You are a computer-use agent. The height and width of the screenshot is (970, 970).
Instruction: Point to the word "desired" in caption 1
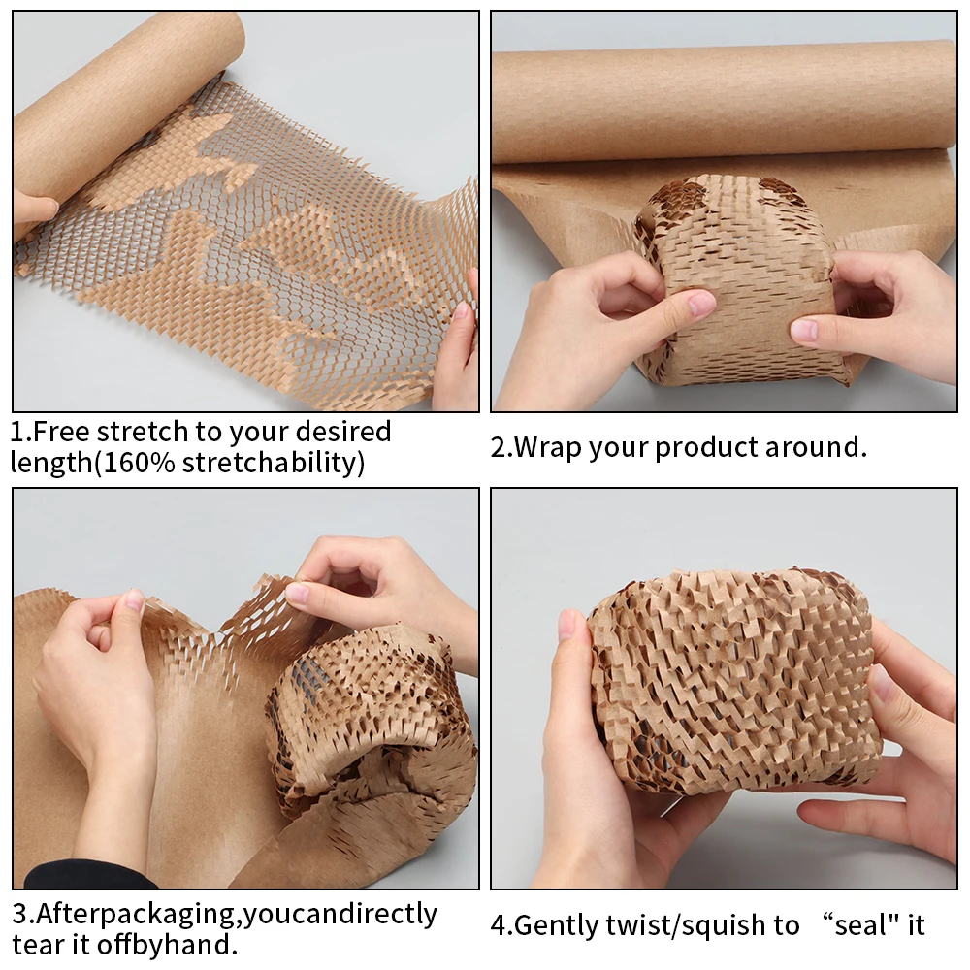(x=342, y=431)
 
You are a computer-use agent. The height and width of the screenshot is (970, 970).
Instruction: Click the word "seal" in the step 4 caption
(x=858, y=925)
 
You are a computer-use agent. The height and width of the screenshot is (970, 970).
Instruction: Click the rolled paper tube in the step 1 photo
(x=116, y=107)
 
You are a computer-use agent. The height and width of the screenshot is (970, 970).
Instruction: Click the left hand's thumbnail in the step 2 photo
(x=700, y=305)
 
